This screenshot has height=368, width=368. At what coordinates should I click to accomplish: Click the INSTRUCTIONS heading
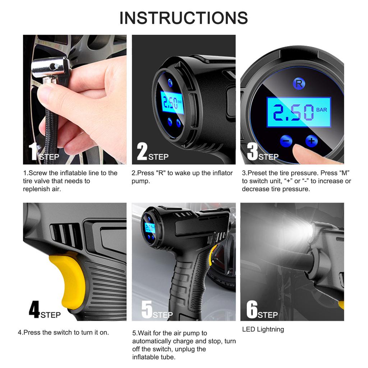184,18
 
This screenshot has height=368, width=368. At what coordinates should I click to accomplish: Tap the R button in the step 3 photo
299,83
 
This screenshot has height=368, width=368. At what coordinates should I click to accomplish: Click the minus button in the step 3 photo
286,141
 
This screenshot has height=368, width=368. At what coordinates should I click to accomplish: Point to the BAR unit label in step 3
322,110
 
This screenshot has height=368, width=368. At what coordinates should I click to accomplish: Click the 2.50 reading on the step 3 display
293,112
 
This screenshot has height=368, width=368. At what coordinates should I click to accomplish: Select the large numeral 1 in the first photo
33,151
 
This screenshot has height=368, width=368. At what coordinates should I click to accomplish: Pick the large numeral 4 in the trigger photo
34,309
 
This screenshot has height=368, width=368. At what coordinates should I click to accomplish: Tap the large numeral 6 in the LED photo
252,309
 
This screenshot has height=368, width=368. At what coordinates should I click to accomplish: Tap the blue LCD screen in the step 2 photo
172,103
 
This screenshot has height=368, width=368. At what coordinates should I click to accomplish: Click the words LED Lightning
263,329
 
